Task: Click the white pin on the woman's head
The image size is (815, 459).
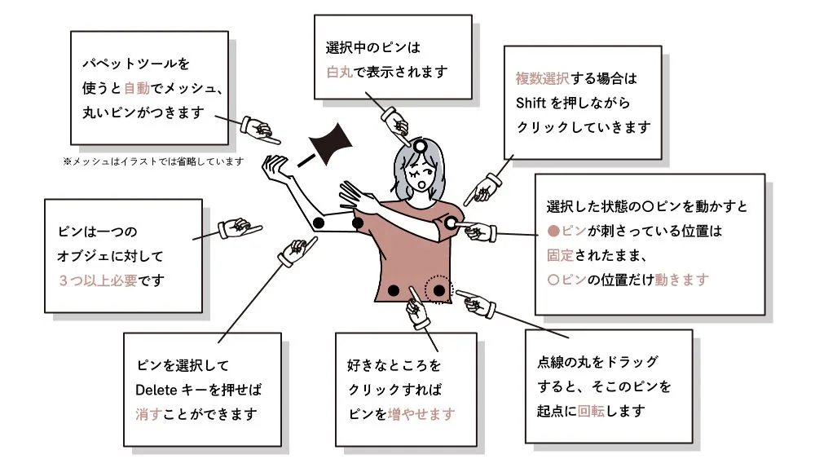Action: [x=420, y=146]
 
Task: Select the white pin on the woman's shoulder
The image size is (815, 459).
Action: [x=451, y=222]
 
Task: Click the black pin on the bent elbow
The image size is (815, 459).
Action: [x=319, y=223]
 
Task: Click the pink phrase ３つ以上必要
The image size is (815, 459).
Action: [x=98, y=280]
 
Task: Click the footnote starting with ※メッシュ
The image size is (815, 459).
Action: [x=152, y=161]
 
